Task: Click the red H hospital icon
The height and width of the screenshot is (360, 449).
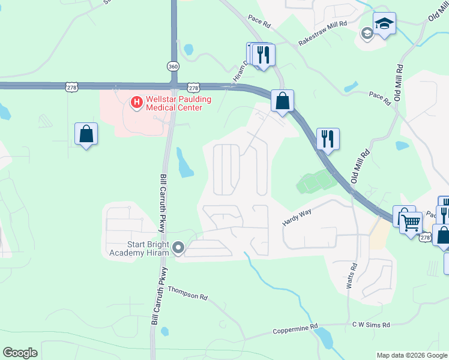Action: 136,103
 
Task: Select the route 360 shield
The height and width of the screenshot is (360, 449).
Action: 173,66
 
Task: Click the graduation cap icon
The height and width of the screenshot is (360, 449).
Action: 384,24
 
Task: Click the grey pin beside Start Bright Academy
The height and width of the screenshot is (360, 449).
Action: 178,247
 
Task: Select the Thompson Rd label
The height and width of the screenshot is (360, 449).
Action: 187,292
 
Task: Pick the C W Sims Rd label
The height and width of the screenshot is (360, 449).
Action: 371,325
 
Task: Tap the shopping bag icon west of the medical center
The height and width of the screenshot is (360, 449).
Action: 86,134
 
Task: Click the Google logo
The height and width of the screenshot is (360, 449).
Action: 20,353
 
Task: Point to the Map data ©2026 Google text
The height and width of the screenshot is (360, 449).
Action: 412,355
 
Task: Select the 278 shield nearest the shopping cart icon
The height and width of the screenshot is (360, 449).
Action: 426,238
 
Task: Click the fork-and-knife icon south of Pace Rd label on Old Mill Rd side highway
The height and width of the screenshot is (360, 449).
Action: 328,139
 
